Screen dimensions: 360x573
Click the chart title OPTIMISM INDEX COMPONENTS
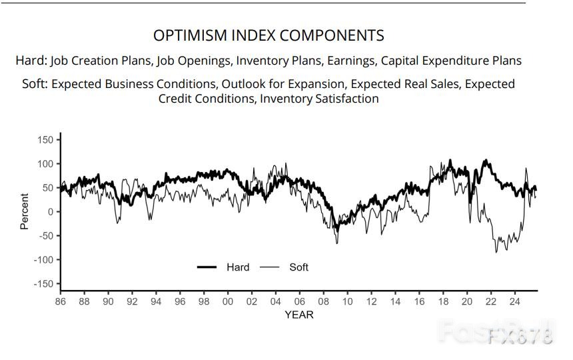(269, 35)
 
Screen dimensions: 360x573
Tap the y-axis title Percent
(25, 211)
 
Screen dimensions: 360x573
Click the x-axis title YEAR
(298, 314)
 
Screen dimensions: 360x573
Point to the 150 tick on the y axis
(45, 139)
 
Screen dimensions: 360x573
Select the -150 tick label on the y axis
(43, 283)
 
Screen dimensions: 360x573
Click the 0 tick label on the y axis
(50, 211)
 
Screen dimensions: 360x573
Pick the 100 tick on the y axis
(45, 163)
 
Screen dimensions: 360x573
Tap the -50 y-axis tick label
(45, 235)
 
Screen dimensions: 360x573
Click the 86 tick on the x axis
(61, 301)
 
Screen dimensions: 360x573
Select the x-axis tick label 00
(228, 301)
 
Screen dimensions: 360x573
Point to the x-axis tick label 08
(323, 301)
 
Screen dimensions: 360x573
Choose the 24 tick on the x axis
(514, 301)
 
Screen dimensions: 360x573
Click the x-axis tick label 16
(419, 301)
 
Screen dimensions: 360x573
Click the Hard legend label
(238, 267)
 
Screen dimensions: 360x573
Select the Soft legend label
(299, 267)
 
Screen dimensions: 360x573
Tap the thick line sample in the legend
(207, 267)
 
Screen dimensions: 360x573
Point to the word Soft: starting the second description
(31, 84)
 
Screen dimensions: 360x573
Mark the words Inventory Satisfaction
(319, 99)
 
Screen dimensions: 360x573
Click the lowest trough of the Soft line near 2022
(496, 252)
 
